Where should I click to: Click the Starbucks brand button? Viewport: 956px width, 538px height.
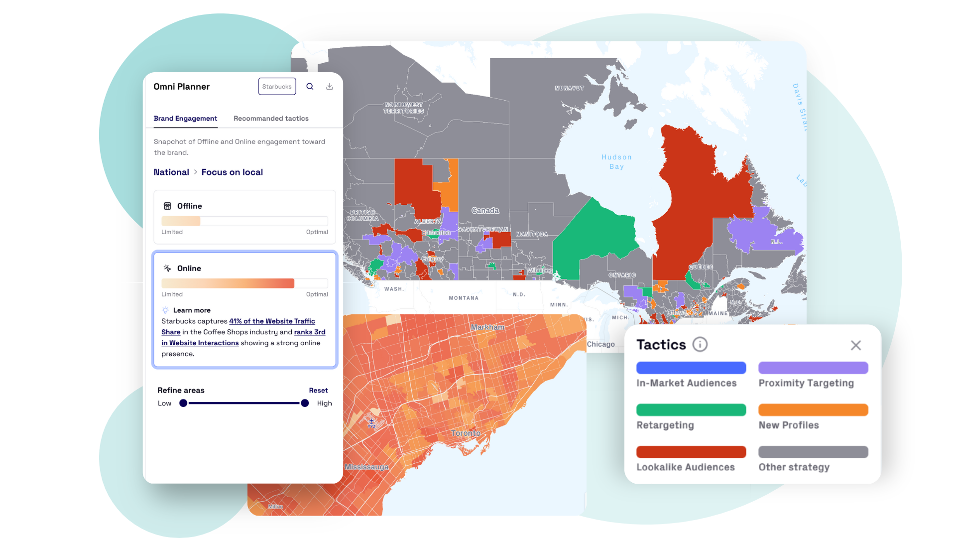pyautogui.click(x=277, y=87)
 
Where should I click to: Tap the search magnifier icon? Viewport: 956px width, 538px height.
pyautogui.click(x=310, y=87)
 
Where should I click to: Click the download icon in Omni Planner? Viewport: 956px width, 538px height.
pyautogui.click(x=330, y=87)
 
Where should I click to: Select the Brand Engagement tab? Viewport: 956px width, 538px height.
pyautogui.click(x=185, y=119)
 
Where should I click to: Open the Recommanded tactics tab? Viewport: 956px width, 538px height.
pyautogui.click(x=271, y=119)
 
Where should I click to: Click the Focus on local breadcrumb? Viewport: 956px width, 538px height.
pyautogui.click(x=232, y=172)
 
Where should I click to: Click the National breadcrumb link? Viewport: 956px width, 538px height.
pyautogui.click(x=171, y=172)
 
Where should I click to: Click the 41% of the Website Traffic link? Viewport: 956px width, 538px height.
pyautogui.click(x=272, y=321)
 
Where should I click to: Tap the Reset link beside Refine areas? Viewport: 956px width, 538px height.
pyautogui.click(x=318, y=391)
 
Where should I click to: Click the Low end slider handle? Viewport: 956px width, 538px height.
pyautogui.click(x=183, y=403)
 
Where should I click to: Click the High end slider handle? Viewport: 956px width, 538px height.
pyautogui.click(x=305, y=403)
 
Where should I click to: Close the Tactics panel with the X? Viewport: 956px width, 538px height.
pyautogui.click(x=855, y=345)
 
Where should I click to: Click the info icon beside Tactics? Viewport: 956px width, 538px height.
pyautogui.click(x=700, y=345)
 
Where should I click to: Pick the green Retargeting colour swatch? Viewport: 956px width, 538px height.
pyautogui.click(x=691, y=410)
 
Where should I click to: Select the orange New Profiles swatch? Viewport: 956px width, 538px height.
pyautogui.click(x=813, y=410)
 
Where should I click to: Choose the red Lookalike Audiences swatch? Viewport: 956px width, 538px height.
pyautogui.click(x=691, y=452)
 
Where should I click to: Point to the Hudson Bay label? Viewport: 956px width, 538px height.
pyautogui.click(x=616, y=162)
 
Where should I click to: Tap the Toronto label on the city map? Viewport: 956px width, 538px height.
pyautogui.click(x=466, y=433)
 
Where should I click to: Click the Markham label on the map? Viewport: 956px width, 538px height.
pyautogui.click(x=487, y=327)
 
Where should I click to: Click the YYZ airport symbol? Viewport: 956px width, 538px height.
pyautogui.click(x=371, y=422)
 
